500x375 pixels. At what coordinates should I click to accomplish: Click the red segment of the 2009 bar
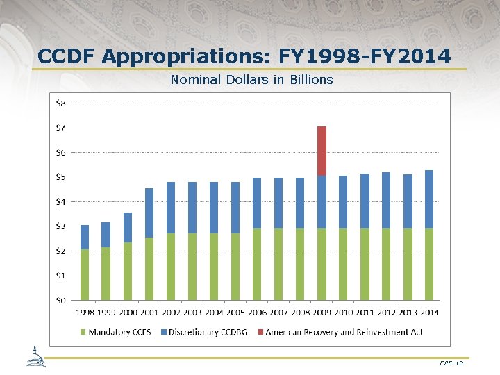(322, 151)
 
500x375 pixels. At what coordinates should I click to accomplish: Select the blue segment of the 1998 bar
(85, 237)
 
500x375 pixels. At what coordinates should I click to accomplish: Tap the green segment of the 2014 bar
(429, 264)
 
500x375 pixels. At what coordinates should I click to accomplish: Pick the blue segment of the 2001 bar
(149, 212)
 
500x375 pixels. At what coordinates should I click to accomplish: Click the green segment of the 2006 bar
(257, 264)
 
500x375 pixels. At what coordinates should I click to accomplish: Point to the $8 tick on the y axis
(61, 103)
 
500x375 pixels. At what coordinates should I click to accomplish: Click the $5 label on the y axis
(61, 177)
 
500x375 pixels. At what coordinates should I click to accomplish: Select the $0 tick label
(61, 300)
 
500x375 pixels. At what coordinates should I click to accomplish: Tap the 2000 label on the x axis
(128, 312)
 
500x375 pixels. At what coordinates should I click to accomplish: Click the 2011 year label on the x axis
(365, 312)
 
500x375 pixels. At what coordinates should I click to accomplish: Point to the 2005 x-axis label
(235, 312)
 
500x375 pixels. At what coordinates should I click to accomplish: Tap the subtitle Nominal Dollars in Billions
(251, 80)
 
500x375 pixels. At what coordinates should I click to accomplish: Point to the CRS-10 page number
(451, 363)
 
